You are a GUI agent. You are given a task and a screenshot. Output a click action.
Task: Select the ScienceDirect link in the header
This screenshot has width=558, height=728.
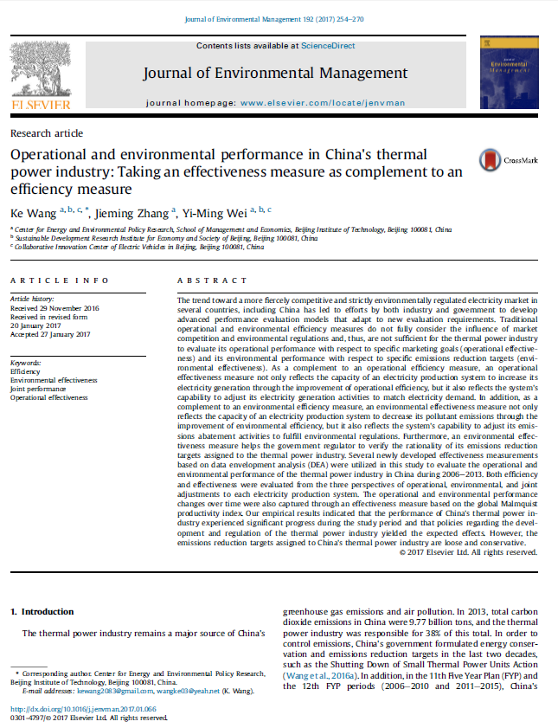(x=327, y=45)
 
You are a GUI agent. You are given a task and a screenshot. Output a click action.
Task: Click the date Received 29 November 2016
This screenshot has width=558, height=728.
(x=55, y=309)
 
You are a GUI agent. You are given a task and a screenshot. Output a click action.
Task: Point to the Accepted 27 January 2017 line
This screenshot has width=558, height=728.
(x=50, y=334)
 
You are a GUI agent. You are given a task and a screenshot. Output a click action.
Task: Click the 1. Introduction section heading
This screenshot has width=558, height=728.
(x=42, y=612)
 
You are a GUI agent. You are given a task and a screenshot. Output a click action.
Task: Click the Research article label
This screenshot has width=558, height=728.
(x=47, y=133)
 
